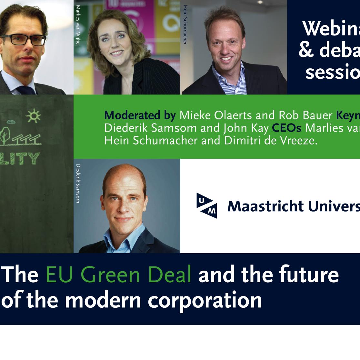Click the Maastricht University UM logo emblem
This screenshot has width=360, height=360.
click(x=206, y=205)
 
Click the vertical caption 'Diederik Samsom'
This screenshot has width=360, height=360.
click(x=77, y=183)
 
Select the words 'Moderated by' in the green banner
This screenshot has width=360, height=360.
click(x=140, y=115)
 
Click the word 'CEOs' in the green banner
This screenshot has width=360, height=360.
click(x=286, y=128)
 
